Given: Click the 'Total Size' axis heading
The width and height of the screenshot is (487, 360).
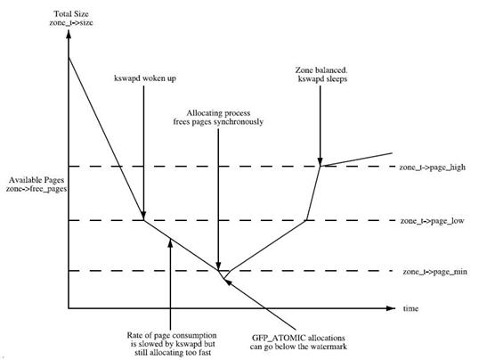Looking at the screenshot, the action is click(x=71, y=14).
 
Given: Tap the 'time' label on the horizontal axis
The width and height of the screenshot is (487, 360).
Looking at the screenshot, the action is click(x=410, y=308).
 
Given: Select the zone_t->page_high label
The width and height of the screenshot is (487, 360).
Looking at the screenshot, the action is click(x=432, y=168).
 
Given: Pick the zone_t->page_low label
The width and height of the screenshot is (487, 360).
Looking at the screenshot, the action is click(x=432, y=221).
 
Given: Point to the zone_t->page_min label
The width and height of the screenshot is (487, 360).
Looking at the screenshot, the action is click(x=434, y=272).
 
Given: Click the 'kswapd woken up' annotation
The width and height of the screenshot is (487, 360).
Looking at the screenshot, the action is click(x=145, y=78).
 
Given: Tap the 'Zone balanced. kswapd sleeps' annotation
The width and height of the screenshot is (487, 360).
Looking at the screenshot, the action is click(x=321, y=75).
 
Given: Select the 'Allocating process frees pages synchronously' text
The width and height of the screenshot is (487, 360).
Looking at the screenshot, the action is click(x=218, y=118).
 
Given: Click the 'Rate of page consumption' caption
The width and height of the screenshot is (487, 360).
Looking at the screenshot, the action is click(x=172, y=335).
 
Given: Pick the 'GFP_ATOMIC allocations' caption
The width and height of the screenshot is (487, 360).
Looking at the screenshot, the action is click(x=298, y=338).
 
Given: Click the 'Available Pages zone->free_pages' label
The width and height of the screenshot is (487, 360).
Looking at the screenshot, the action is click(x=37, y=184).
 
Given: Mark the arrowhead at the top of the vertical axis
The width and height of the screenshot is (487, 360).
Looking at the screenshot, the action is click(x=69, y=34).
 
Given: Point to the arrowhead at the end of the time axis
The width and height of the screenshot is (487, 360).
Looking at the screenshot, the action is click(x=391, y=308).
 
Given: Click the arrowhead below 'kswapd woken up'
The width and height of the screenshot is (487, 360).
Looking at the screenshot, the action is click(x=143, y=216).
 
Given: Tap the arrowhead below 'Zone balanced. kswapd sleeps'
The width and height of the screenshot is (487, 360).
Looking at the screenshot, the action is click(x=321, y=162).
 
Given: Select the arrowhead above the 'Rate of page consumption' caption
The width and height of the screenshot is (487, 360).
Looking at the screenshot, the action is click(x=170, y=242).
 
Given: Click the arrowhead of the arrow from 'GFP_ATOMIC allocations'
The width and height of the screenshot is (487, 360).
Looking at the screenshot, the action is click(x=227, y=282).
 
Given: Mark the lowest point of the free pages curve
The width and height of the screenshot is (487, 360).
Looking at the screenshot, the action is click(x=223, y=279).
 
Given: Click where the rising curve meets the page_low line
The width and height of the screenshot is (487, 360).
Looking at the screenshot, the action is click(x=306, y=220).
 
